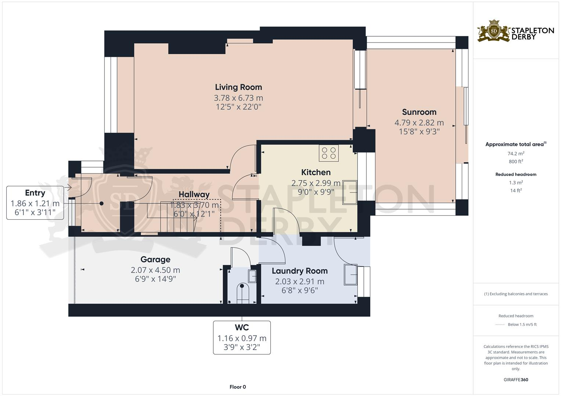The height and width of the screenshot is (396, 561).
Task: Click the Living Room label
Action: tap(238, 87)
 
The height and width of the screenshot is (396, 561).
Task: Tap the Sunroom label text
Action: tap(419, 112)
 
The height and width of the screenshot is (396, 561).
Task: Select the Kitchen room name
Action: tap(316, 172)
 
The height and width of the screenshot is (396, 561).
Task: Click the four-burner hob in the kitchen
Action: tap(329, 153)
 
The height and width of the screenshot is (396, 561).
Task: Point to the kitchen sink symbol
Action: tap(350, 192)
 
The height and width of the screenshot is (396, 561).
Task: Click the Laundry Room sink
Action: tap(350, 274)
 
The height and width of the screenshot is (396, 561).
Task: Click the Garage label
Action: tap(155, 259)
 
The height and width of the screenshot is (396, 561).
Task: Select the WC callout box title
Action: tap(242, 327)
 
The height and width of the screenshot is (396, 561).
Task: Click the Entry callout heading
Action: tap(35, 192)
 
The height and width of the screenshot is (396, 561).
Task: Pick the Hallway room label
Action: tap(194, 194)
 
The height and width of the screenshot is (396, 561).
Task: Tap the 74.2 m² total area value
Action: tap(516, 154)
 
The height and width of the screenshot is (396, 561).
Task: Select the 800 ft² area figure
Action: tap(516, 161)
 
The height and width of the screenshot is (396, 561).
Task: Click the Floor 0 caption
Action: tap(238, 387)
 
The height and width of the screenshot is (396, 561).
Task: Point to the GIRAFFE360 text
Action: tap(516, 379)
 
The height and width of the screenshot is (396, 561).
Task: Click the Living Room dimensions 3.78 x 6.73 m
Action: tap(238, 98)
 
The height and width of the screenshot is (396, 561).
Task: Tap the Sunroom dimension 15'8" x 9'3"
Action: tap(419, 131)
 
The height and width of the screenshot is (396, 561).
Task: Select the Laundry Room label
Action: tap(299, 271)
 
